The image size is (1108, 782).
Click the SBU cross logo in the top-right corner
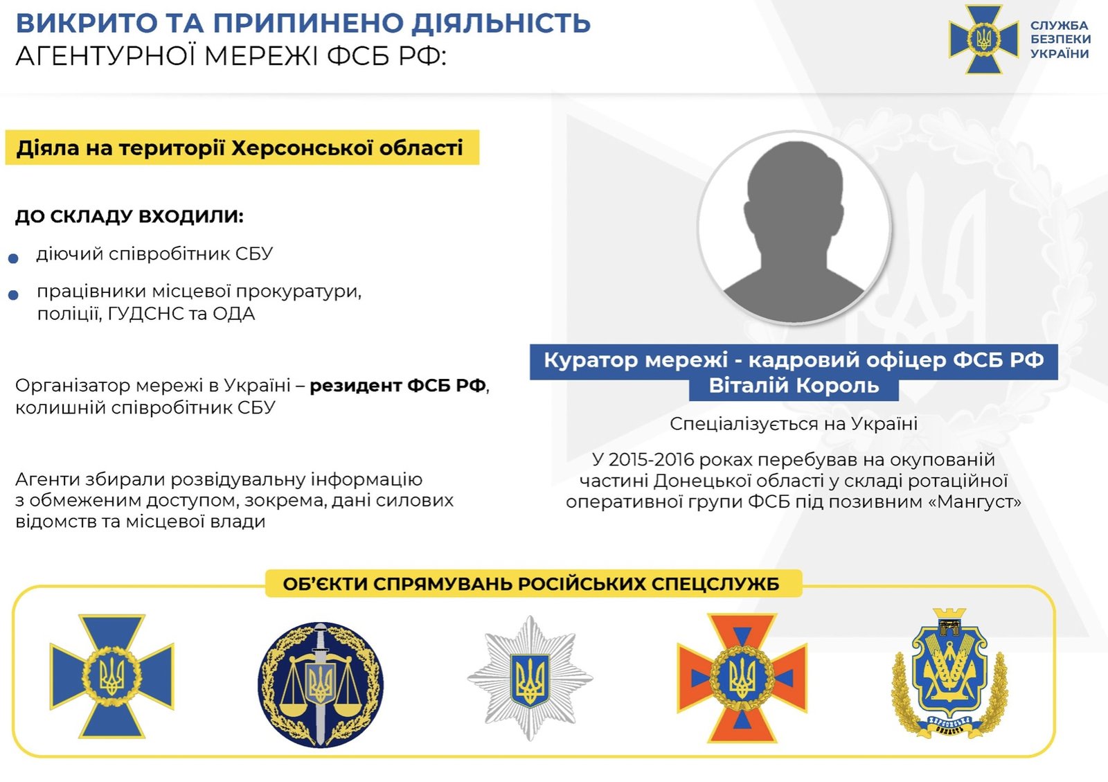983,39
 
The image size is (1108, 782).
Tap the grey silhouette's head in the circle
794,193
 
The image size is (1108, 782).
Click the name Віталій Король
794,385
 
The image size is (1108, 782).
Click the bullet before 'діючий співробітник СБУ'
13,258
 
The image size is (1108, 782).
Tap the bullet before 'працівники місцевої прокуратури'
13,295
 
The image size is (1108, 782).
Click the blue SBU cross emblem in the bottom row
111,676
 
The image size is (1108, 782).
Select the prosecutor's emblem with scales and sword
321,684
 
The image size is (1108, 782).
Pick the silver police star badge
530,678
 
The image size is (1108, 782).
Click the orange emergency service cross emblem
742,678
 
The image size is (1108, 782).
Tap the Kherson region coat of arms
949,674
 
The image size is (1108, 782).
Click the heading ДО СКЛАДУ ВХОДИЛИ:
129,217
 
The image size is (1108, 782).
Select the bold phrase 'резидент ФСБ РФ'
397,385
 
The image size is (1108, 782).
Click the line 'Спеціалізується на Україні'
794,424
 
